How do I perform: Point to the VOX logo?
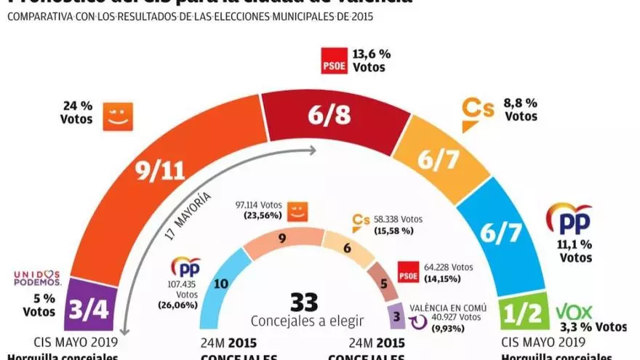574,313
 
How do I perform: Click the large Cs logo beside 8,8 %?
479,113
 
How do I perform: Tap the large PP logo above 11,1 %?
569,218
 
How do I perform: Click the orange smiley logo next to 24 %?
118,116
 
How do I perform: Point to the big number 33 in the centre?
305,302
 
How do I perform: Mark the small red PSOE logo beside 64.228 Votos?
409,275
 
